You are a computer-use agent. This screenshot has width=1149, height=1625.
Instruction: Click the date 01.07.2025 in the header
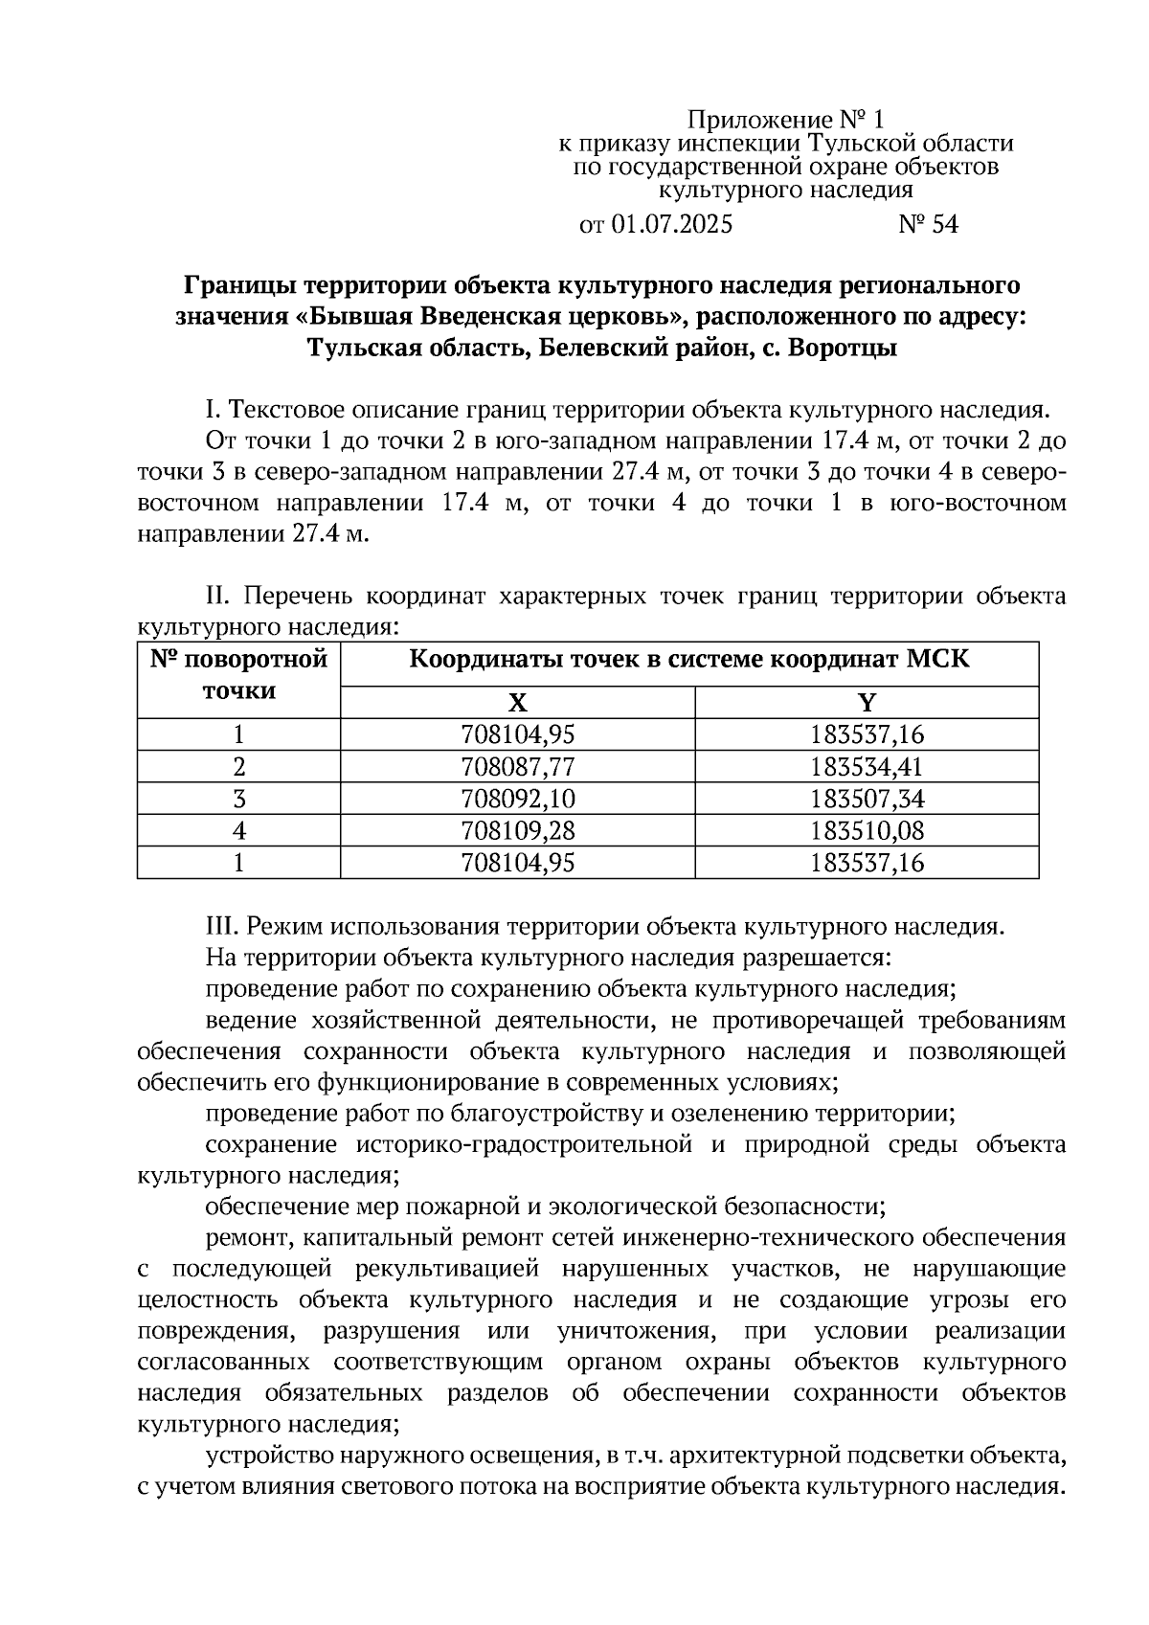672,225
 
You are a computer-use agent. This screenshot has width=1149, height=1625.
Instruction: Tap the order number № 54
928,225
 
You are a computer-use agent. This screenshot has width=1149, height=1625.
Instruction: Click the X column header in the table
517,704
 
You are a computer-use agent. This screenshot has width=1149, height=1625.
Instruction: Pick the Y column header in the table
867,704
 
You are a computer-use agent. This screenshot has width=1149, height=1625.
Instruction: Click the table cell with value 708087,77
517,767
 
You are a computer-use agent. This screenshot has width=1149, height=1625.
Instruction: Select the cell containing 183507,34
867,799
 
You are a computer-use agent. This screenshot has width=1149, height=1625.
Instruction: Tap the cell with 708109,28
517,830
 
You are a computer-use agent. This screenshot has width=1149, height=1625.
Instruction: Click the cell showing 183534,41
867,767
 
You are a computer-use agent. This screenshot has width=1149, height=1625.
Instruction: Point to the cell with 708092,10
517,799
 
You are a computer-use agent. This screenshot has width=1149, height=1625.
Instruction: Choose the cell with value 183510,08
867,830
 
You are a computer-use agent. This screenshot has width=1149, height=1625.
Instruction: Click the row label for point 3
239,799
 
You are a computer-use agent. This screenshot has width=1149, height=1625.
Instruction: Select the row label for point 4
239,830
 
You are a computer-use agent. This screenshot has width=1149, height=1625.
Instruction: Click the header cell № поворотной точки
239,675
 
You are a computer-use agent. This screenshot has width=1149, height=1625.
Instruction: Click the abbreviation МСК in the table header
936,660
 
